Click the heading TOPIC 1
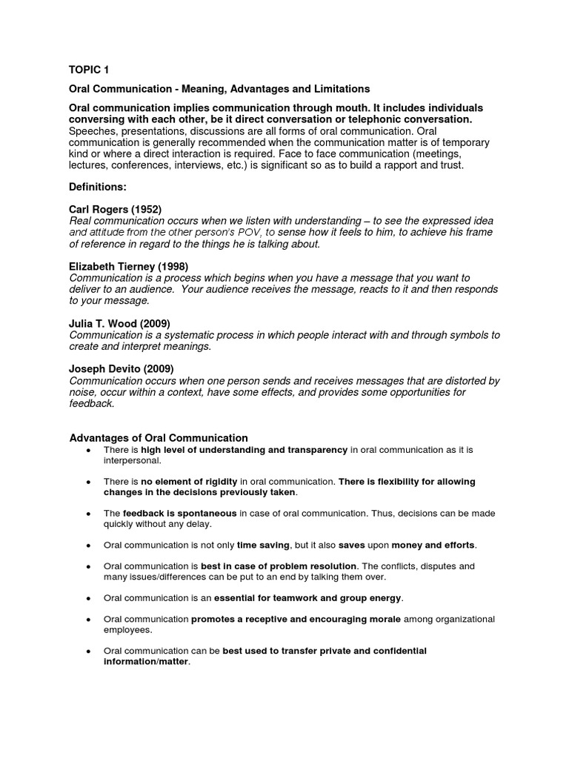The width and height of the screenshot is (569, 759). tap(88, 70)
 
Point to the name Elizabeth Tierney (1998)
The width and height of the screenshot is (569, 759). tap(129, 267)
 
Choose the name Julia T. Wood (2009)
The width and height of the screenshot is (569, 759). tap(119, 324)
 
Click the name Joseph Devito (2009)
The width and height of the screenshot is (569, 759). tap(122, 369)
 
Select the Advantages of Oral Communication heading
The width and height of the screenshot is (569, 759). tap(159, 438)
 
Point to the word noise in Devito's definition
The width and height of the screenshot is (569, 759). tap(82, 392)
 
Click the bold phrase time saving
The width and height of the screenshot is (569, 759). tap(264, 545)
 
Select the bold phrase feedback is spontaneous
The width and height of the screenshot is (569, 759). tap(180, 513)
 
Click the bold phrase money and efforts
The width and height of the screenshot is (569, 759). tap(433, 545)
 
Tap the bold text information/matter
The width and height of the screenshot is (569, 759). tap(147, 662)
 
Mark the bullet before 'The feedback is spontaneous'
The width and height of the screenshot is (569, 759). tap(89, 514)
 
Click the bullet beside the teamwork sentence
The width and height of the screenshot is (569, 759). tap(89, 598)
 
